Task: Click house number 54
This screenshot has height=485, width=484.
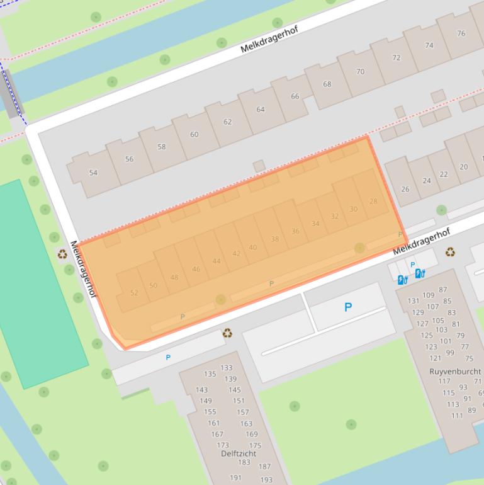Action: pos(93,173)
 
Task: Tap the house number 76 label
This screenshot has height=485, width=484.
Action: pos(461,33)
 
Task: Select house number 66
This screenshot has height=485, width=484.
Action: pos(295,96)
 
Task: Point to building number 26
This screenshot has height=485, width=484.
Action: pos(405,189)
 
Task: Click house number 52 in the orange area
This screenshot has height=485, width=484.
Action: pos(134,293)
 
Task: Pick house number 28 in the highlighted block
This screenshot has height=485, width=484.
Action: pos(373,202)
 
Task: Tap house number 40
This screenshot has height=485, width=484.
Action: pos(252,248)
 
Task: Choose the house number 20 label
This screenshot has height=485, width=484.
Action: pos(464,167)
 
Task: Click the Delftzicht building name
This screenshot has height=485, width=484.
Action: pos(239,454)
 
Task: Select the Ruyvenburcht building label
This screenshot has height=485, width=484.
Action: pos(455,372)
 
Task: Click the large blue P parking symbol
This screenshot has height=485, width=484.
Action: pos(347,307)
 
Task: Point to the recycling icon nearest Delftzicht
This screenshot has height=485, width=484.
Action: pos(227,333)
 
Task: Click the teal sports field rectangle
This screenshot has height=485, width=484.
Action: pos(38,283)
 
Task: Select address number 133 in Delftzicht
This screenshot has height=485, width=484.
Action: pos(226,368)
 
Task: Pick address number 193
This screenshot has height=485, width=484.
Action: pos(266,480)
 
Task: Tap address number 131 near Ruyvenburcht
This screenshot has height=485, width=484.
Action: pos(413,301)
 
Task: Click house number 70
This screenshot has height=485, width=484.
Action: pos(360,71)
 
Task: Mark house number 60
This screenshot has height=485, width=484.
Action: pos(194,134)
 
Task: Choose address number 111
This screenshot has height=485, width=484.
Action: pos(456,416)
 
